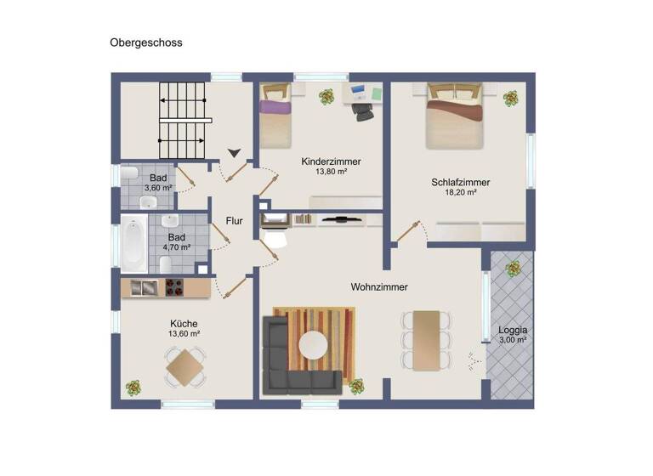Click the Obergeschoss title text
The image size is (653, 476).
pos(145,42)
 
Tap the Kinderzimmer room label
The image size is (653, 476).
pos(331,161)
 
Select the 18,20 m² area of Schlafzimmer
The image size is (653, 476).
pos(460,193)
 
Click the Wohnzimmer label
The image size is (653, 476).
pos(379,287)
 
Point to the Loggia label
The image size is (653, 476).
pos(513,329)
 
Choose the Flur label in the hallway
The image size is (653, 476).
pos(235,221)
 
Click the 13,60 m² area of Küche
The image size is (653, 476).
pos(185,334)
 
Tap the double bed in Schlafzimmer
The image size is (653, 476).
pos(455,119)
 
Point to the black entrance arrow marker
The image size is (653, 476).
pos(234,153)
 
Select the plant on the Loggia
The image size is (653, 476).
pos(513,269)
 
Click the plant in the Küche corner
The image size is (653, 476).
pos(133,388)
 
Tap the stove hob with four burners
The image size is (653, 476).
pos(173,288)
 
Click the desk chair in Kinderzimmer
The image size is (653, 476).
pos(363,103)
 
